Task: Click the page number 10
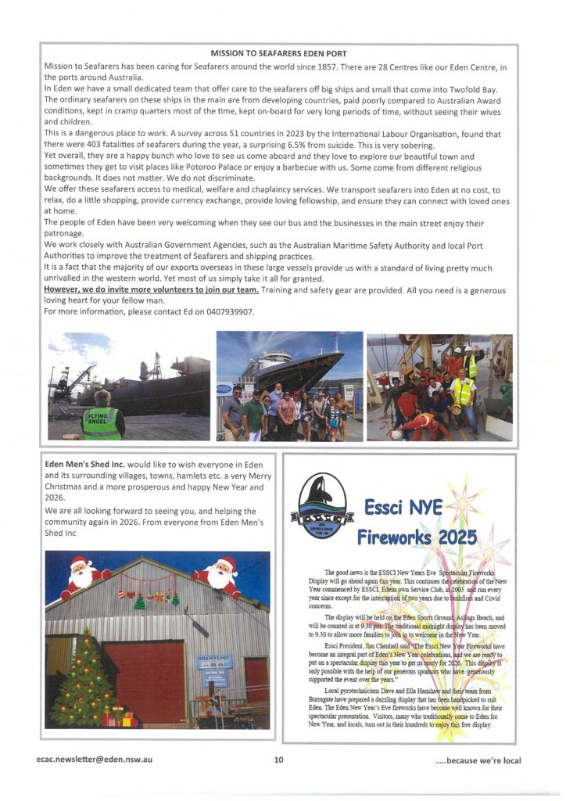tap(279, 760)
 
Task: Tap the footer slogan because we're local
tap(478, 760)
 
